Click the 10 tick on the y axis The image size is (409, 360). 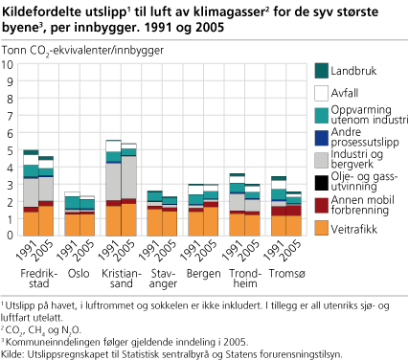pyautogui.click(x=10, y=65)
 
